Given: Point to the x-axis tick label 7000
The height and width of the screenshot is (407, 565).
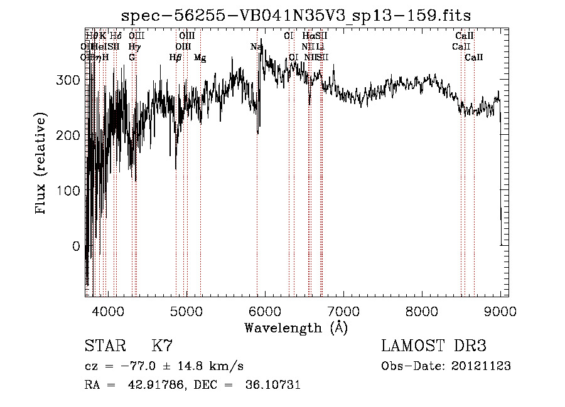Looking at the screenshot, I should [343, 312].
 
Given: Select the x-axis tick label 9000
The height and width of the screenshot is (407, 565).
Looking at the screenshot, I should [500, 312].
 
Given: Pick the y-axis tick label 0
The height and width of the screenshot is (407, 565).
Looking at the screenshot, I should [76, 246].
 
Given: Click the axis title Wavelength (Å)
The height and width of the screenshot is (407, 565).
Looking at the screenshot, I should [296, 327].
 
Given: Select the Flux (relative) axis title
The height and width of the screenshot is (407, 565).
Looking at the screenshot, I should [41, 165].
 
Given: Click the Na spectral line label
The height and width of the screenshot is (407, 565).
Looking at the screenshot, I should [256, 46].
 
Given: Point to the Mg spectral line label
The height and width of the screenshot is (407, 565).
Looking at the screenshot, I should [200, 57].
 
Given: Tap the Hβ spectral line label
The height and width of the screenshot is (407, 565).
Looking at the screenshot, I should [175, 57].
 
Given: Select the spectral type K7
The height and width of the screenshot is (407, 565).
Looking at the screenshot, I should [162, 346].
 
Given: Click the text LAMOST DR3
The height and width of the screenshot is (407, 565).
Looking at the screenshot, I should [434, 346].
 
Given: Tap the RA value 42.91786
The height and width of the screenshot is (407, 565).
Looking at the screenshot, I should [146, 385].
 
